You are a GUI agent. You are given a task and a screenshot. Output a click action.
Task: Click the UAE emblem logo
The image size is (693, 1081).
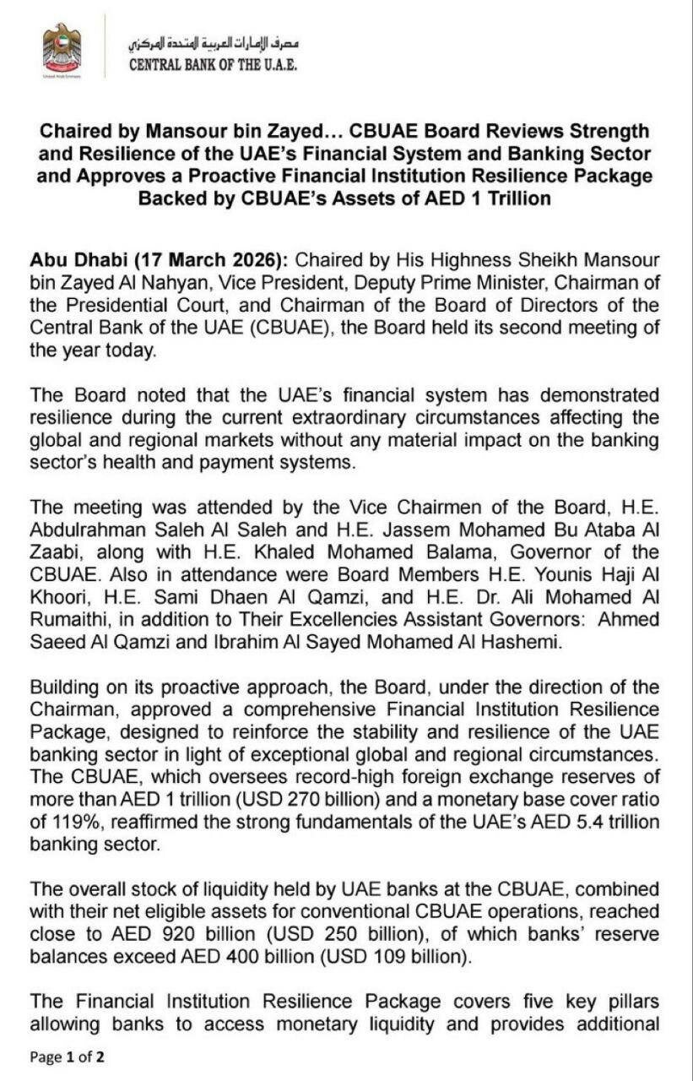(x=62, y=50)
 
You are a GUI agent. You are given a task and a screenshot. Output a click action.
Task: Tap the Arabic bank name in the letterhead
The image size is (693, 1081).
(x=214, y=42)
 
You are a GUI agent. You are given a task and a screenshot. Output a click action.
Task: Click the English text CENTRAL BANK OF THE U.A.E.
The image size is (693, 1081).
(x=213, y=65)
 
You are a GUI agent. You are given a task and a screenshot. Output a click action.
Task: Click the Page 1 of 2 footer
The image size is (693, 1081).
(x=68, y=1057)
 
